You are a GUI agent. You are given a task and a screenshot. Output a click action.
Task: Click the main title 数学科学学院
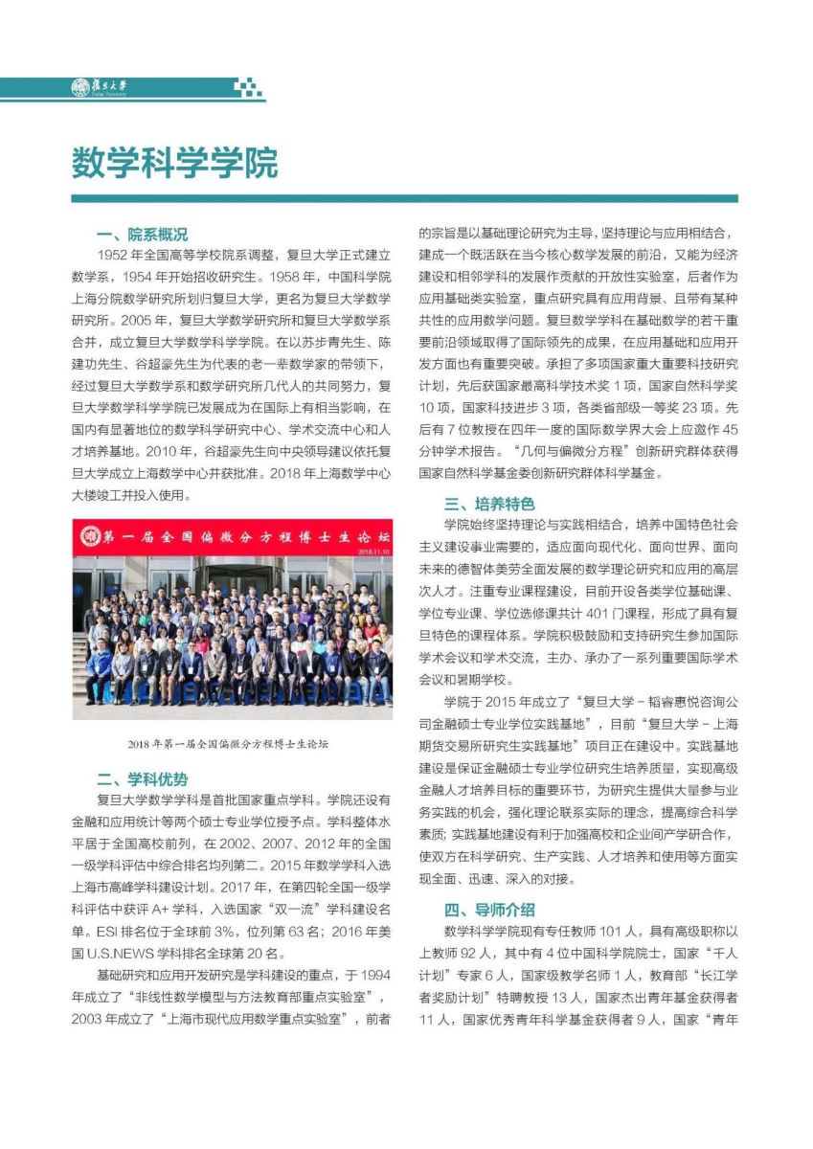click(x=174, y=164)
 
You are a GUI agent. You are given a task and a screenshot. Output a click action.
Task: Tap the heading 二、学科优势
click(x=142, y=779)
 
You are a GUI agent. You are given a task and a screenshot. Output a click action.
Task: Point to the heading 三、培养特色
click(x=488, y=504)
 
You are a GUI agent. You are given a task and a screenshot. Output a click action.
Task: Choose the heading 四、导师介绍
click(x=488, y=909)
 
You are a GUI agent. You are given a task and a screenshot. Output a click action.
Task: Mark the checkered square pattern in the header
click(x=248, y=88)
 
